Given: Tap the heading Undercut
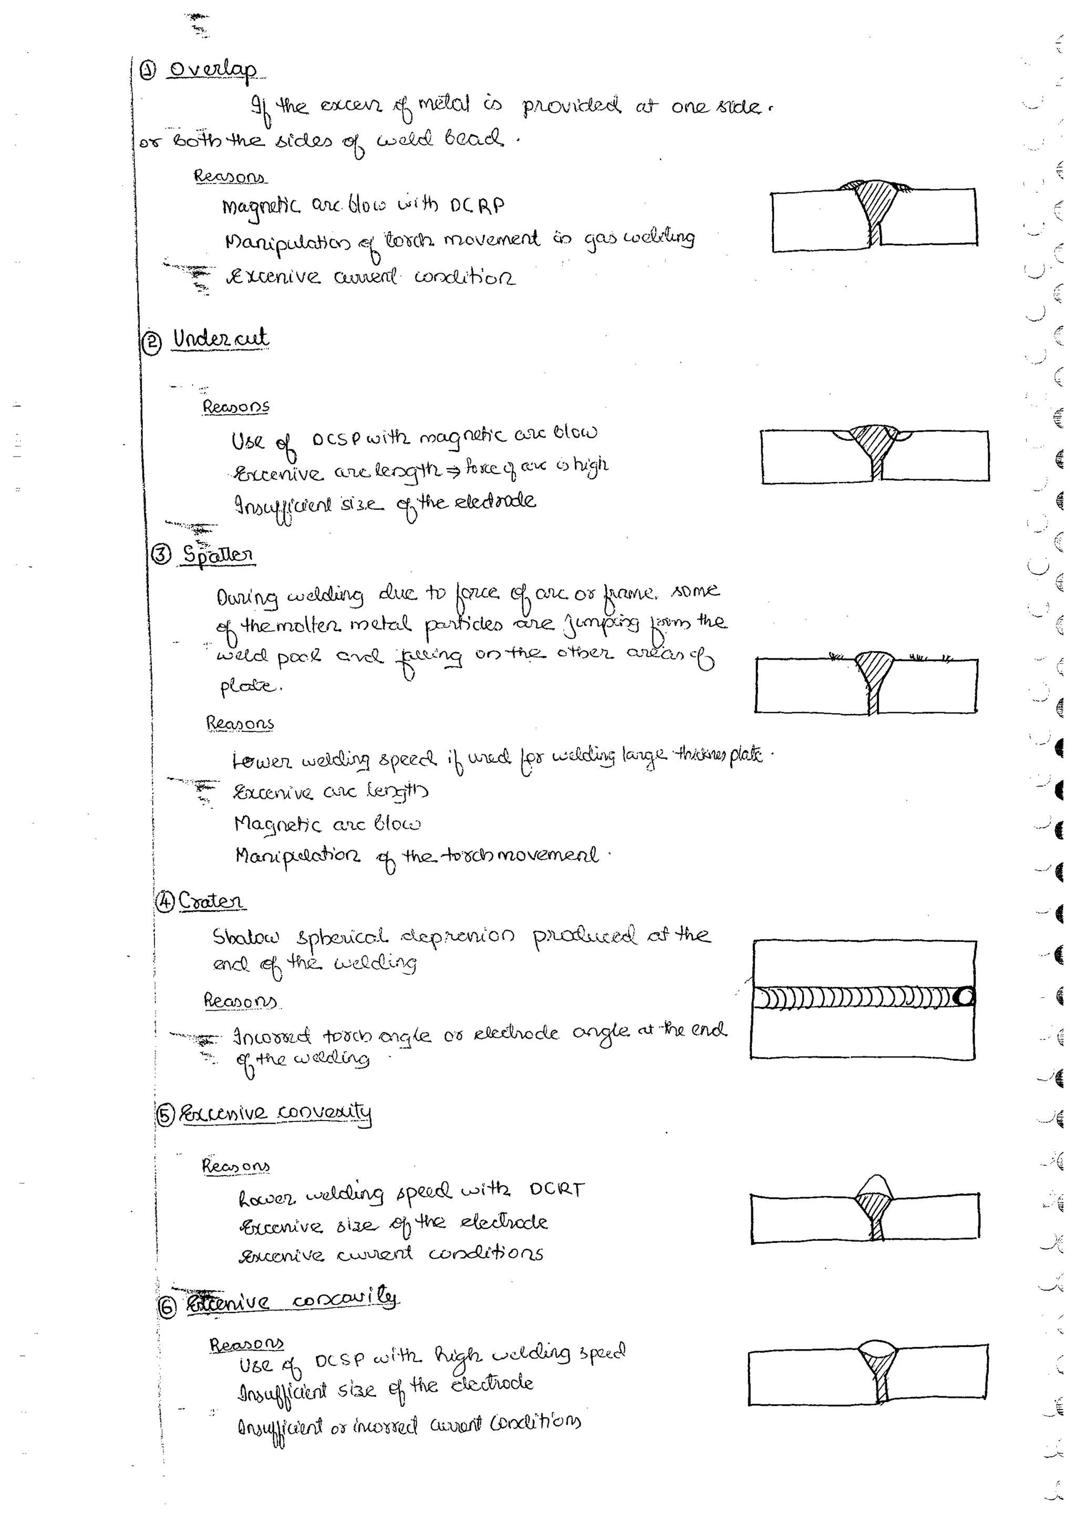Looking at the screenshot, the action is coord(220,339).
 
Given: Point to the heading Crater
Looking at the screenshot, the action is coord(210,901).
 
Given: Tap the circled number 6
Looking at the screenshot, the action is coord(167,1307).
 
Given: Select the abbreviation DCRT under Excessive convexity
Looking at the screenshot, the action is coord(557,1189).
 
